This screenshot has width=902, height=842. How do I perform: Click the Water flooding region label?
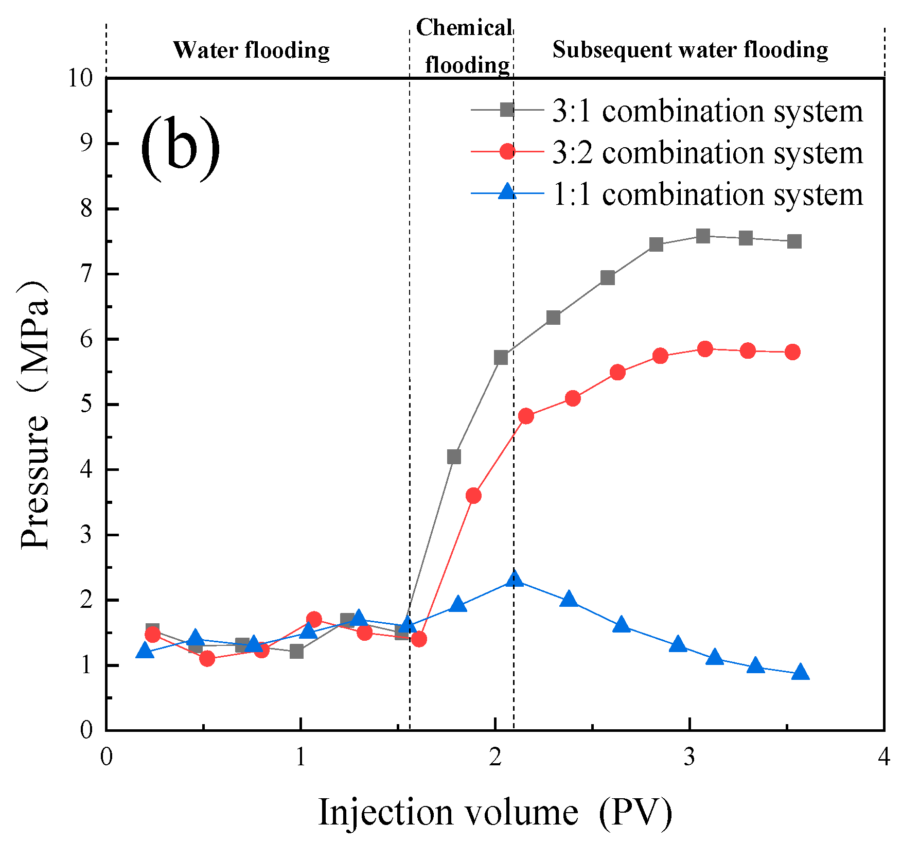tap(251, 50)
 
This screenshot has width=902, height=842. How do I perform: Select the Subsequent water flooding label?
tap(690, 50)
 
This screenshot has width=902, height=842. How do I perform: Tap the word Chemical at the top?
tap(464, 28)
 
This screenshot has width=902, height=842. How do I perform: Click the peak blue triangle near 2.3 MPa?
tap(514, 580)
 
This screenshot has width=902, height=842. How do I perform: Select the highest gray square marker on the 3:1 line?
tap(703, 236)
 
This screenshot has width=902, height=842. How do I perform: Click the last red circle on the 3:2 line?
tap(792, 352)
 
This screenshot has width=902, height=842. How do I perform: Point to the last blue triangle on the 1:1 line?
tap(800, 673)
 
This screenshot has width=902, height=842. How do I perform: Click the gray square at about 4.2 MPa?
tap(454, 457)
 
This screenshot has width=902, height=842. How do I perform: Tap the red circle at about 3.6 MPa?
tap(473, 496)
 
